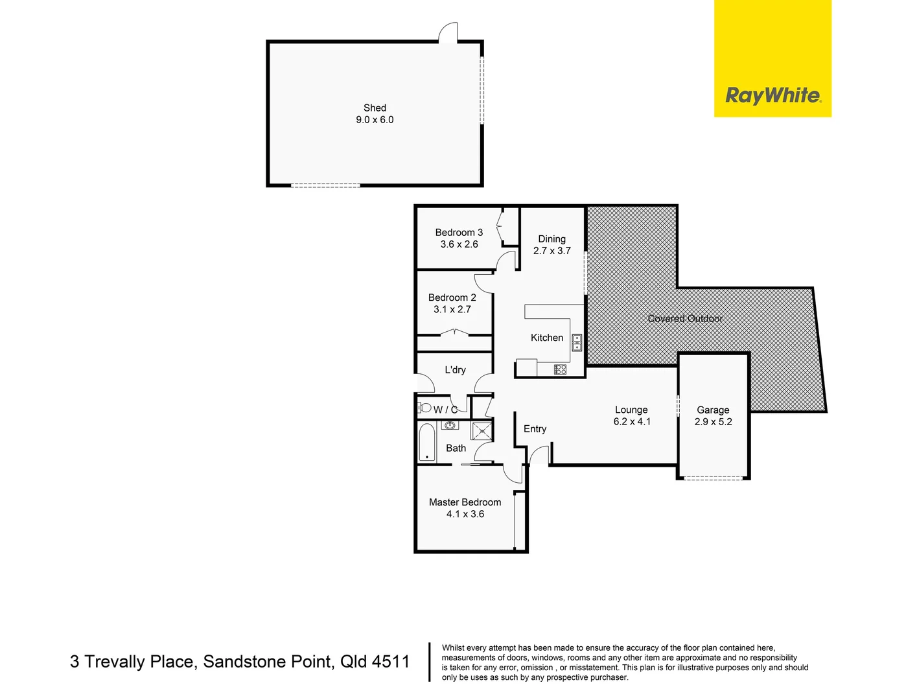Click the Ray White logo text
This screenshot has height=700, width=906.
pos(772,96)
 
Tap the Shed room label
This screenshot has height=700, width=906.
pos(375,108)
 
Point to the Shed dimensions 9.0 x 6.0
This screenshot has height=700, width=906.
pos(375,120)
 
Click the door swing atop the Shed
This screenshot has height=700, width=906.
pos(448,32)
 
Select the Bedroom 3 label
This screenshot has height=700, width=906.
pos(459,233)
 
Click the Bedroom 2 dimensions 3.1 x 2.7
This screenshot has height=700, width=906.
pos(452,310)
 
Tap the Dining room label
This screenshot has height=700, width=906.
pos(552,239)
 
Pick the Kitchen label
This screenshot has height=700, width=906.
pos(547,338)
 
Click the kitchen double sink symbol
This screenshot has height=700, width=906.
pos(576,343)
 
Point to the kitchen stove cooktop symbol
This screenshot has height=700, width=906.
pos(561,369)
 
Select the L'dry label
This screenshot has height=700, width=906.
pos(455,370)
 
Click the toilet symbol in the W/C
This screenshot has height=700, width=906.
pos(425,408)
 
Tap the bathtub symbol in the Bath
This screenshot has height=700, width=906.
pos(427,442)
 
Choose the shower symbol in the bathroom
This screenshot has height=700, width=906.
pos(482,431)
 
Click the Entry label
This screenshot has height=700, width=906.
pos(535,429)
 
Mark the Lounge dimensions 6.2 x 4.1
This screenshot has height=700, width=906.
pos(632,422)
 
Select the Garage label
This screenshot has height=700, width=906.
pos(713,410)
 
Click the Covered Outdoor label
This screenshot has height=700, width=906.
pos(685,319)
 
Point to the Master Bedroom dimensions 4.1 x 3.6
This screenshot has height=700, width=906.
pos(465,515)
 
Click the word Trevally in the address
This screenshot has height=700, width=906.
pos(115,662)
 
